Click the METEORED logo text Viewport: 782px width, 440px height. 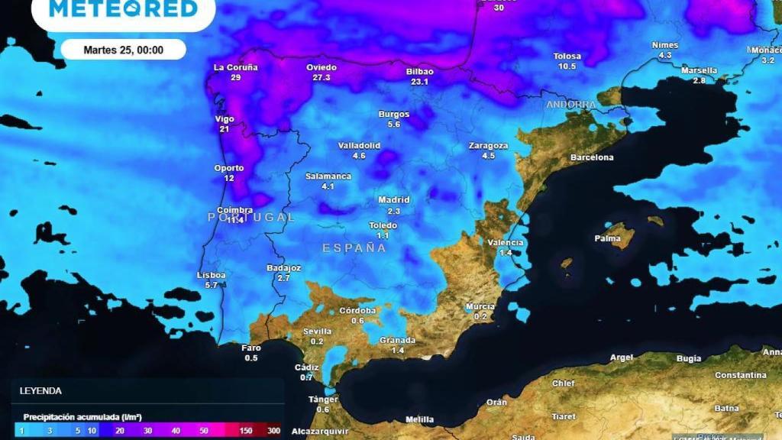[x=123, y=9]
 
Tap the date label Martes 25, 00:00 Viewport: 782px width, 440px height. [x=123, y=50]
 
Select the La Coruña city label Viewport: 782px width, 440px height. [x=236, y=67]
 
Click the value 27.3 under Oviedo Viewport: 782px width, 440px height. [x=322, y=78]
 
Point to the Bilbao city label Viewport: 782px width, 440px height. [x=419, y=72]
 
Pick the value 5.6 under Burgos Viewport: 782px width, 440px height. [x=394, y=125]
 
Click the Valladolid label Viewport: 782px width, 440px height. [x=359, y=145]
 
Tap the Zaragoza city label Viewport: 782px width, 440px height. [x=489, y=145]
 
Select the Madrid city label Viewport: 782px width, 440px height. [x=394, y=200]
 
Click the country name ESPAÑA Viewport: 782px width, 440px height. [x=354, y=248]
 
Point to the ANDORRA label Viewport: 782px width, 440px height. [x=571, y=105]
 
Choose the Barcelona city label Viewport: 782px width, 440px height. [x=592, y=157]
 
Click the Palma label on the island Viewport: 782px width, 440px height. [x=608, y=238]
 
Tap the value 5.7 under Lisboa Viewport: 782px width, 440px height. [x=212, y=285]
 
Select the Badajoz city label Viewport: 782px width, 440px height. [x=283, y=268]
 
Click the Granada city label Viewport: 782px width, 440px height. [x=398, y=340]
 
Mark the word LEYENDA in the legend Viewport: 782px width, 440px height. [x=41, y=390]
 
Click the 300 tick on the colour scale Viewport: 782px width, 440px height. [x=273, y=431]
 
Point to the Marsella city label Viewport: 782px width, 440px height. [x=699, y=70]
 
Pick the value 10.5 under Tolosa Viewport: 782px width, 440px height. [x=567, y=66]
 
